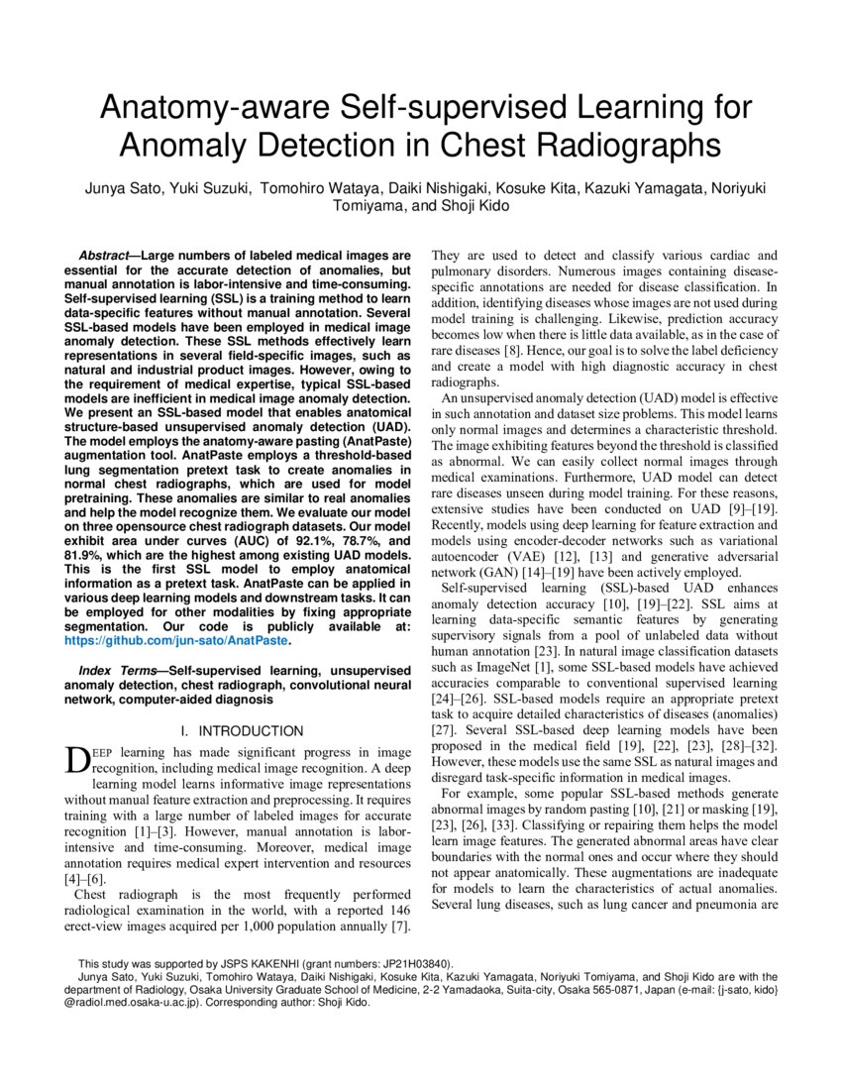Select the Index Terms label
click(x=109, y=671)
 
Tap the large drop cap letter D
click(x=75, y=761)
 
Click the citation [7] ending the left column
click(x=400, y=926)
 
